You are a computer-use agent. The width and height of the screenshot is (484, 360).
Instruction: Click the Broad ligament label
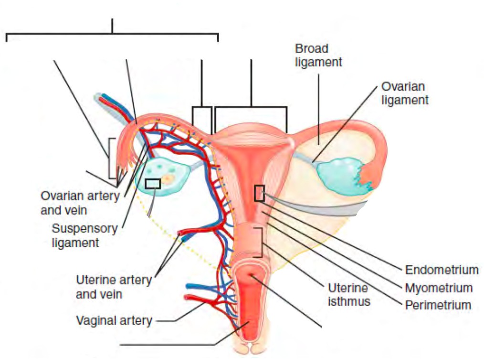click(318, 55)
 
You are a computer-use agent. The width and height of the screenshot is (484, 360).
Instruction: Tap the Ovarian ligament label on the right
click(405, 93)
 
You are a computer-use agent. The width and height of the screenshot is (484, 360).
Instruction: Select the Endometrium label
click(442, 270)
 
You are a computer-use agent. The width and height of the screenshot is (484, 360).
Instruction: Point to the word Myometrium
click(439, 288)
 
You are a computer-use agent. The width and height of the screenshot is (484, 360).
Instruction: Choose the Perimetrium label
click(438, 305)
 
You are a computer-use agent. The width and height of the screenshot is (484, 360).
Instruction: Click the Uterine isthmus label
click(348, 295)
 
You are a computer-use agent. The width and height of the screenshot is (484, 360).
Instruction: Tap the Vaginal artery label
click(114, 320)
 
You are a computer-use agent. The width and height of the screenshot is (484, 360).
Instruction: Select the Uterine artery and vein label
click(113, 287)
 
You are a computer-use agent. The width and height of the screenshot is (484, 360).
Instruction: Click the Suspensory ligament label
click(84, 235)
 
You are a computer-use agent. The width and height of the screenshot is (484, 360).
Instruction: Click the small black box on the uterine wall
click(259, 193)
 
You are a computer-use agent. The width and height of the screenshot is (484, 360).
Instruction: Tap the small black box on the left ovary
click(153, 183)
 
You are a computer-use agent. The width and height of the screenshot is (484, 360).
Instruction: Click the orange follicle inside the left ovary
click(168, 180)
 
